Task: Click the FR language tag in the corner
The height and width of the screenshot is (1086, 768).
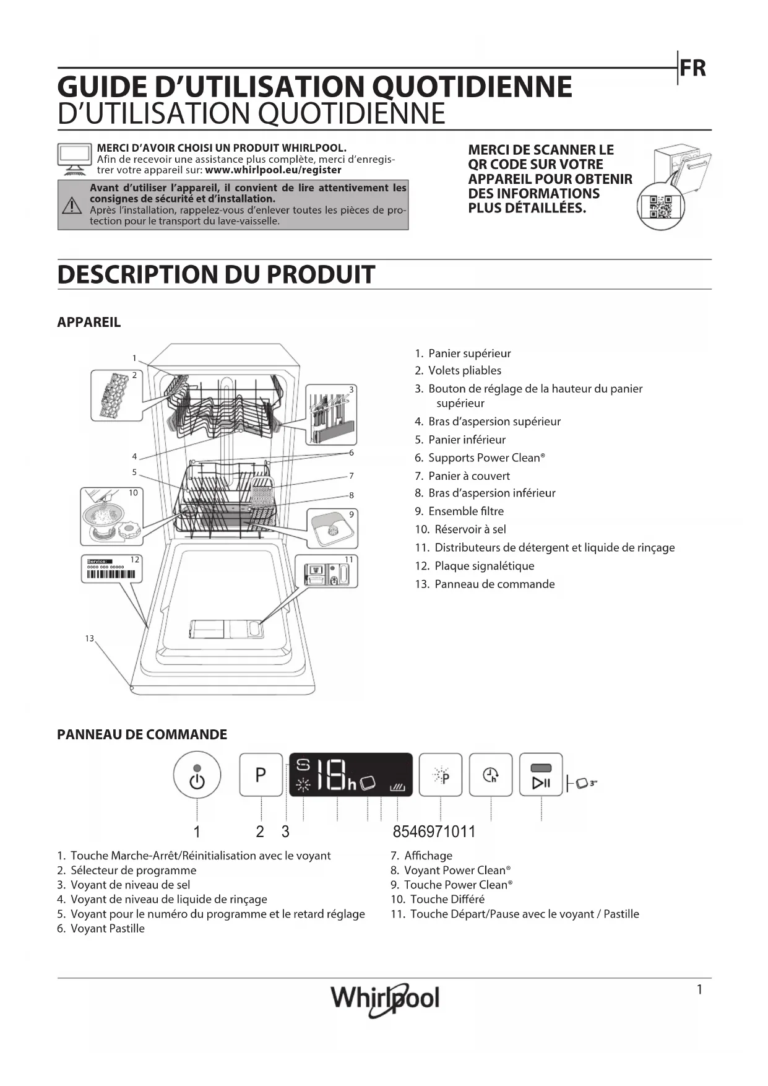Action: coord(692,68)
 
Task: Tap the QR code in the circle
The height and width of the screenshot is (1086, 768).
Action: coord(660,207)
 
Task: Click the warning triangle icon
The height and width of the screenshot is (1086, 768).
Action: coord(72,205)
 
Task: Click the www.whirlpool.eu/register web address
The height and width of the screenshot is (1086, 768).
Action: coord(273,170)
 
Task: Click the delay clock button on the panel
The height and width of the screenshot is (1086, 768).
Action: coord(491,775)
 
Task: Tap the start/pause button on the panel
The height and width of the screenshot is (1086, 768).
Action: coord(541,775)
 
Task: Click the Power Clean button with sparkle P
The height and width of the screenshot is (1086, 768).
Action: coord(441,775)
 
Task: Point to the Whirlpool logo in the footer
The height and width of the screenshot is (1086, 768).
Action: coord(385,998)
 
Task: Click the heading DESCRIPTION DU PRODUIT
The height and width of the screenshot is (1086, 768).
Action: coord(216,274)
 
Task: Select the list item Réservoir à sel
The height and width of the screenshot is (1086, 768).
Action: coord(469,529)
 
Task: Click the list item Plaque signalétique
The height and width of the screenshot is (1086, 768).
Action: coord(483,566)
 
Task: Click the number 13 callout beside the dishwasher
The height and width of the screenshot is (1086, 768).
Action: coord(90,638)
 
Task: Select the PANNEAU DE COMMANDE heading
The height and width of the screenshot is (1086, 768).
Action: coord(142,734)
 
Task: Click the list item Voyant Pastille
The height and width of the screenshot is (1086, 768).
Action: coord(107,929)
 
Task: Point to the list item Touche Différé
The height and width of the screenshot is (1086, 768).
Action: coord(447,899)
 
